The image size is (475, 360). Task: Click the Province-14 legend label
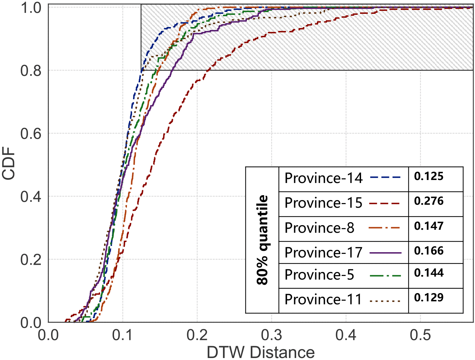[323, 178]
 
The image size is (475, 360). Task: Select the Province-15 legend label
[323, 203]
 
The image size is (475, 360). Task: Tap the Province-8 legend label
[319, 228]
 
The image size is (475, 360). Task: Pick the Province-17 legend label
[323, 253]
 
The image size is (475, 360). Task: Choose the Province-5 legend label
[319, 275]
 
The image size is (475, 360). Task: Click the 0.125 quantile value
[429, 176]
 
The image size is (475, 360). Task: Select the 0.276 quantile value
[429, 201]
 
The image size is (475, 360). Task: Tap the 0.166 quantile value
[429, 251]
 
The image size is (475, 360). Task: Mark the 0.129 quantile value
[429, 298]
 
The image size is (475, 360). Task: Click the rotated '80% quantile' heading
[263, 240]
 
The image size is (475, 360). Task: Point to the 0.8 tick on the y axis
[31, 71]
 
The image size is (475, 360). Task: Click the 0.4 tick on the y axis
[31, 196]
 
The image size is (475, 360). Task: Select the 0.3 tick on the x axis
[272, 335]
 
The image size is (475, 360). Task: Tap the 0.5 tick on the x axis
[421, 335]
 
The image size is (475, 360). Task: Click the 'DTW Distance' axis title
[261, 352]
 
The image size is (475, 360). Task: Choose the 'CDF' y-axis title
[9, 164]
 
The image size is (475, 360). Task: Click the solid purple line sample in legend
[385, 253]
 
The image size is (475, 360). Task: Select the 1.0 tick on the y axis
[31, 8]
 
